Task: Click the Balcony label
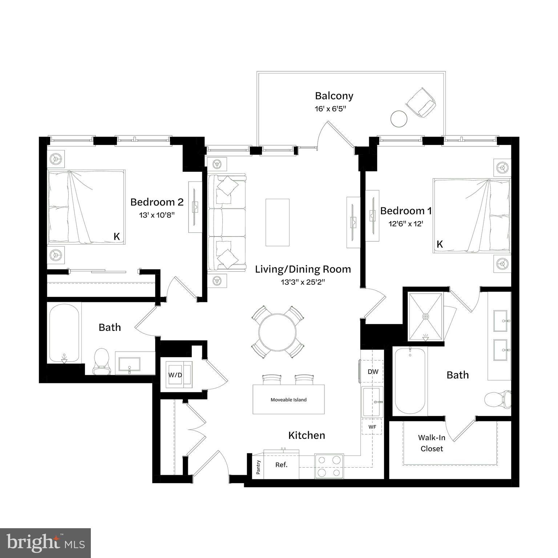(334, 96)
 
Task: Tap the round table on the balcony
(399, 118)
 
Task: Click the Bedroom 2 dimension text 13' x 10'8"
(157, 215)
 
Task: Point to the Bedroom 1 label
(406, 211)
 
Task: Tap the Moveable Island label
(288, 400)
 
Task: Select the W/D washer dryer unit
(175, 375)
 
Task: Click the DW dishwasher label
(373, 372)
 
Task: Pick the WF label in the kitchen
(372, 427)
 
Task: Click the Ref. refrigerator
(281, 465)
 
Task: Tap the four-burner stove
(329, 466)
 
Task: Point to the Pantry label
(258, 467)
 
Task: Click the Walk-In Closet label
(432, 443)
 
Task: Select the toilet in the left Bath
(101, 361)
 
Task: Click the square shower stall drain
(425, 316)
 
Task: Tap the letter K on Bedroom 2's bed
(117, 236)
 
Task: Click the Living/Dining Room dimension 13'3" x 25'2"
(303, 282)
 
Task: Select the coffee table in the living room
(278, 222)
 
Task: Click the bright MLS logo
(45, 543)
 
